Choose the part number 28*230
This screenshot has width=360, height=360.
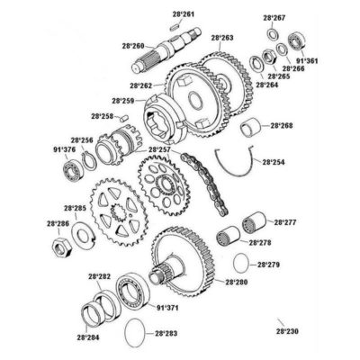(287, 331)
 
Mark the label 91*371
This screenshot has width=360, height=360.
(168, 307)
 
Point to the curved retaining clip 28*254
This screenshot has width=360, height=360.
(240, 165)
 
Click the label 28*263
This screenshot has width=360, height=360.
(222, 38)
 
